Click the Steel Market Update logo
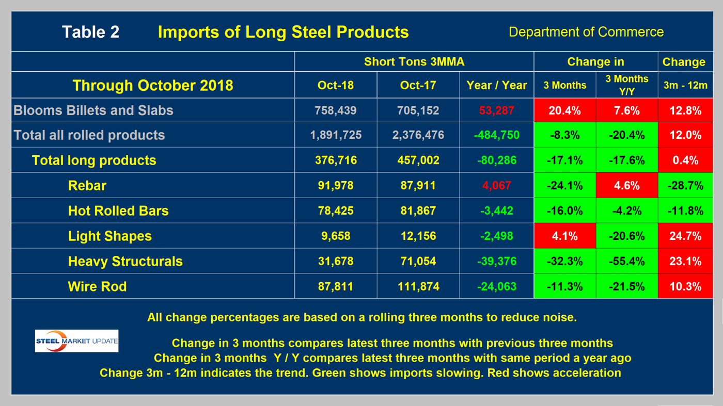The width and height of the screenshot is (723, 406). click(76, 341)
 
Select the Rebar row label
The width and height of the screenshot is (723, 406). click(87, 186)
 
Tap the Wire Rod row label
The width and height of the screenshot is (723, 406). click(97, 286)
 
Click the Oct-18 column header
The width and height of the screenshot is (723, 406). click(336, 85)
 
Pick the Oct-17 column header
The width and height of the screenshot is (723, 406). click(418, 85)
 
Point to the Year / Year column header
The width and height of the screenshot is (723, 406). click(497, 85)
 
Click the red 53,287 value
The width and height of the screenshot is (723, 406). click(497, 110)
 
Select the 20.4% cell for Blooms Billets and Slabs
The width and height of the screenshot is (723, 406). click(565, 110)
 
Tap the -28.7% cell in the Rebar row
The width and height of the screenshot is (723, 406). click(685, 186)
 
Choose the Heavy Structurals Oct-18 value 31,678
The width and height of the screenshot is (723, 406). click(336, 261)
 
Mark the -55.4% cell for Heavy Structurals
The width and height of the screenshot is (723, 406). click(627, 261)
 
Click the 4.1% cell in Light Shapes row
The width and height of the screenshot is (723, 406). click(565, 236)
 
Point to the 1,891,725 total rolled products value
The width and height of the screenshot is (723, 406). click(336, 135)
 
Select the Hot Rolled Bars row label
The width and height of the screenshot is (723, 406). click(118, 211)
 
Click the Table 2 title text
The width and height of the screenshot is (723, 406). click(91, 32)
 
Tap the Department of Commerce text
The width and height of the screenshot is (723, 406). click(586, 32)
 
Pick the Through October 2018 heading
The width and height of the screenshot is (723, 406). click(152, 85)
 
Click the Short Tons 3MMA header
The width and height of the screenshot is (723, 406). click(414, 62)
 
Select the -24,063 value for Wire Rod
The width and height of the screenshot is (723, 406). click(497, 286)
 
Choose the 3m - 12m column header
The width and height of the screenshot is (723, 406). click(685, 85)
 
